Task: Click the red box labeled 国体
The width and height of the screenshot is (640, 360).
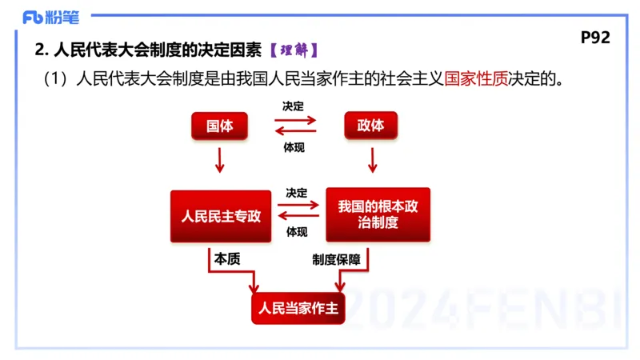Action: tap(219, 126)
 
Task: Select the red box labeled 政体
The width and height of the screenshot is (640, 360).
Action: tap(370, 126)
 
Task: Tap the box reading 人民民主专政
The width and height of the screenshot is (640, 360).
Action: tap(221, 216)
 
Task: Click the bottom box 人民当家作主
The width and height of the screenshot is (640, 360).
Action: tap(298, 308)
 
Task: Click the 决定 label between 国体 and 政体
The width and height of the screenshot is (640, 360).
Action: tap(294, 106)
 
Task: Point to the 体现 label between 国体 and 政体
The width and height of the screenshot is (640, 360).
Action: tap(294, 147)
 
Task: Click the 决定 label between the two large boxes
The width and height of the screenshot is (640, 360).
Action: tap(296, 193)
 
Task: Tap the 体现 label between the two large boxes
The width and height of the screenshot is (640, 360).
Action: tap(296, 233)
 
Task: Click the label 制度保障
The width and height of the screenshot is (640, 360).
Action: tap(336, 259)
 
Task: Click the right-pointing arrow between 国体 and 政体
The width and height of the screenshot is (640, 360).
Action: tap(295, 121)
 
